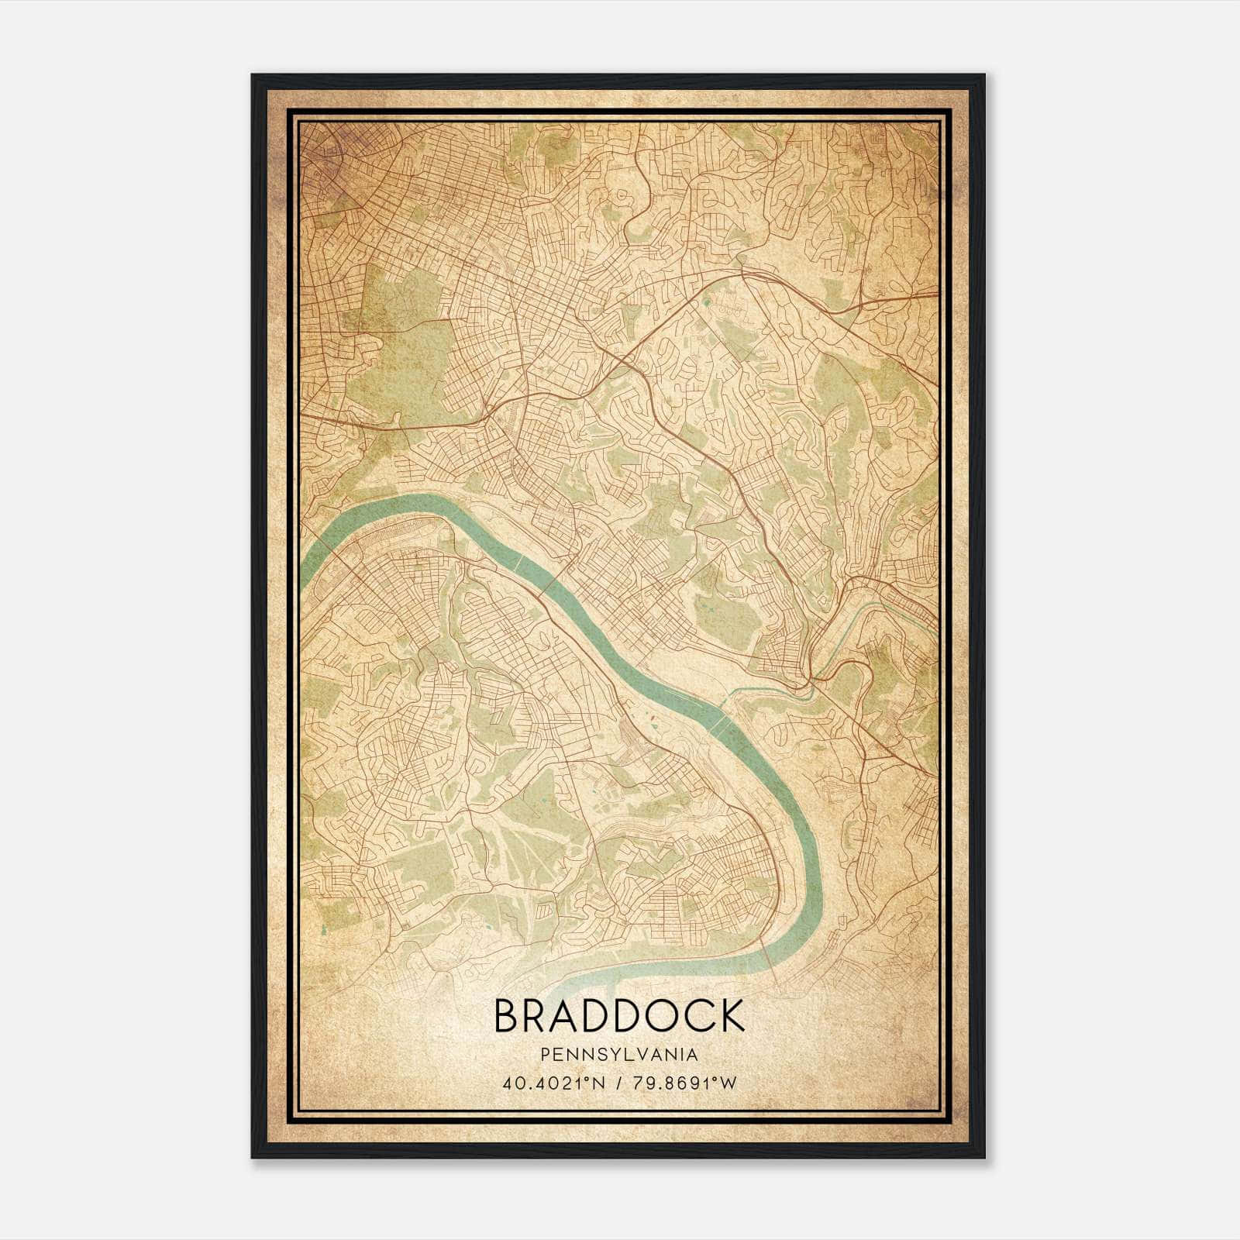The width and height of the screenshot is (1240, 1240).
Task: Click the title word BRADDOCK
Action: (x=618, y=1016)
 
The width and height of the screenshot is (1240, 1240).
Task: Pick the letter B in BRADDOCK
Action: (x=508, y=1016)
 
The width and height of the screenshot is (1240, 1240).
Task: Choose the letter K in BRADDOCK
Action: (x=732, y=1016)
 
